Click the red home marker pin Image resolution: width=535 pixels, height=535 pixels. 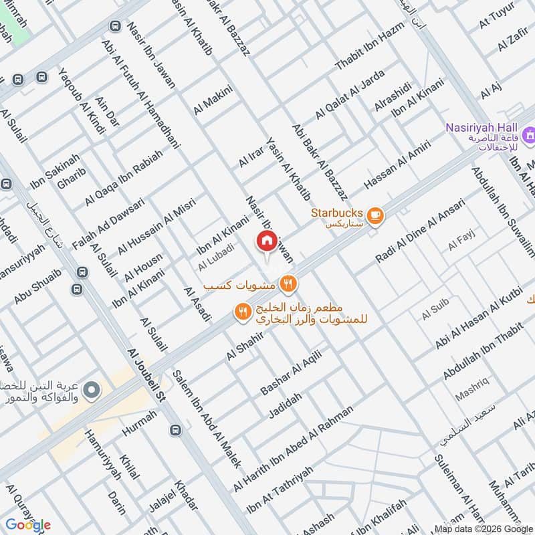(x=266, y=241)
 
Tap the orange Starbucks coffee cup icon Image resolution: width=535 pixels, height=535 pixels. (x=375, y=215)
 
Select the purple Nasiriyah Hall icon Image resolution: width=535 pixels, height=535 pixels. (x=529, y=136)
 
